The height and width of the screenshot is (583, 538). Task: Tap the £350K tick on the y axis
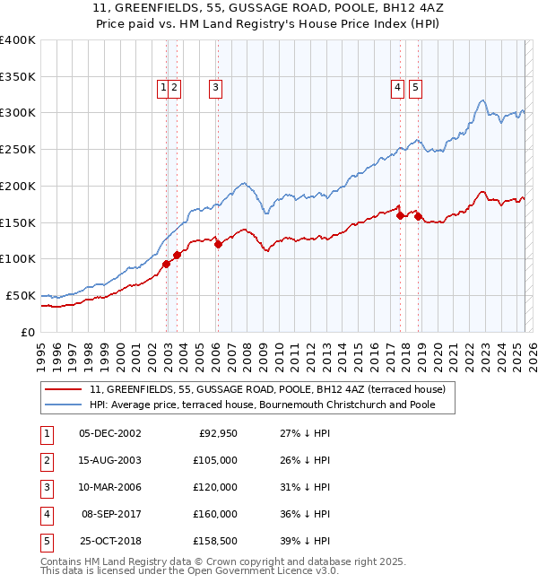[18, 76]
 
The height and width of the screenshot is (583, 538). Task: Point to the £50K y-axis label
[21, 295]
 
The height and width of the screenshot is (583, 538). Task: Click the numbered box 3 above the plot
[217, 88]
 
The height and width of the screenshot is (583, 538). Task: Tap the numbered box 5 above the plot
[416, 88]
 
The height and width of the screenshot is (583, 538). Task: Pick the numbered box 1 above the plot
[164, 88]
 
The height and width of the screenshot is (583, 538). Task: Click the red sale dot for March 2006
[218, 244]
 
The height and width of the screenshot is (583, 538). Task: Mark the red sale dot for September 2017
[400, 214]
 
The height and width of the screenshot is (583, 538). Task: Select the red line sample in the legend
[64, 390]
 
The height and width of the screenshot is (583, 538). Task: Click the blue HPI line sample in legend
[64, 405]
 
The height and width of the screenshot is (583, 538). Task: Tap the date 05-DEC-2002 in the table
[110, 433]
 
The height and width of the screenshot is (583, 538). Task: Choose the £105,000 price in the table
[216, 460]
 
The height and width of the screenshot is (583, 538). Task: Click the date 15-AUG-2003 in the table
[110, 460]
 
